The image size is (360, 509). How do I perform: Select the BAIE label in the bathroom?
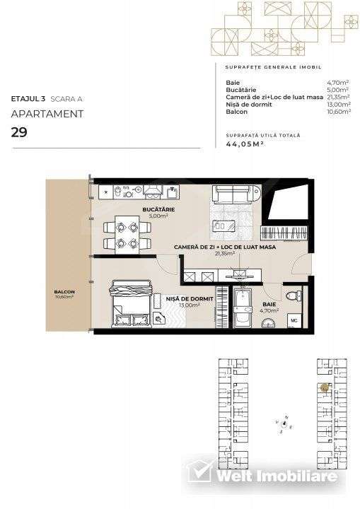pyautogui.click(x=269, y=305)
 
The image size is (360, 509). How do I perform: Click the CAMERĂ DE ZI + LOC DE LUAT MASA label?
pyautogui.click(x=224, y=247)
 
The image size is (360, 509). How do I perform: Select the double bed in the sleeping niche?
pyautogui.click(x=130, y=301)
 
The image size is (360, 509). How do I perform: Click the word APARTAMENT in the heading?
pyautogui.click(x=47, y=113)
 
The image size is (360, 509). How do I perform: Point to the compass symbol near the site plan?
pyautogui.click(x=284, y=423)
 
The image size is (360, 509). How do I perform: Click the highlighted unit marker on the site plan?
pyautogui.click(x=323, y=387)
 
